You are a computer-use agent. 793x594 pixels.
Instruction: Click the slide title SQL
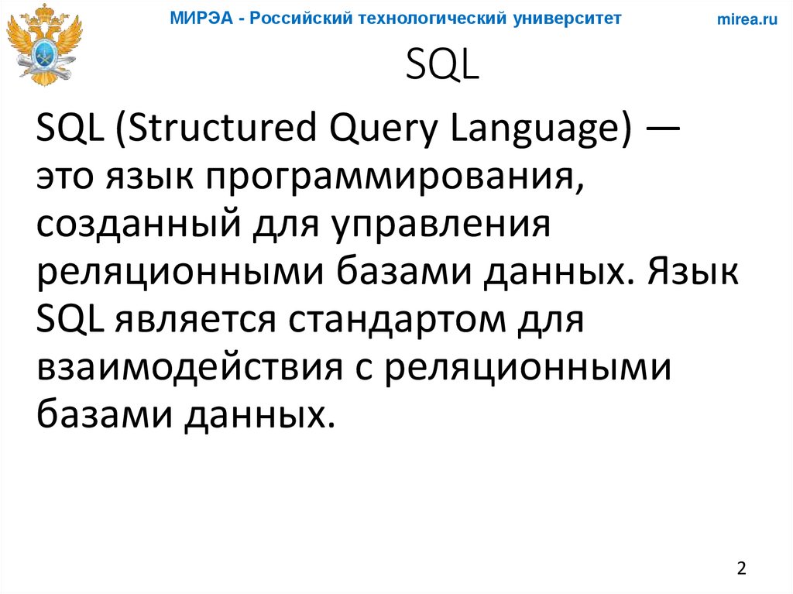pyautogui.click(x=443, y=67)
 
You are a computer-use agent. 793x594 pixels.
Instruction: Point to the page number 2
pyautogui.click(x=742, y=568)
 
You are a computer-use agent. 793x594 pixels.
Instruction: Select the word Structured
pyautogui.click(x=209, y=128)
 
